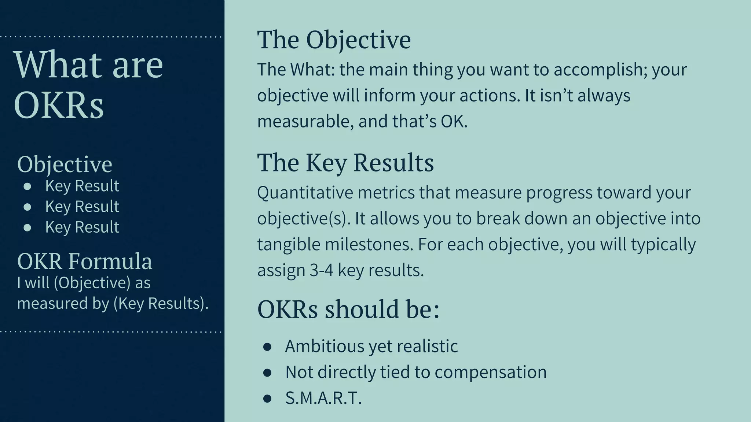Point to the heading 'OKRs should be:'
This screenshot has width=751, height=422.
348,309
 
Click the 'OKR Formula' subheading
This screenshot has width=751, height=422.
84,261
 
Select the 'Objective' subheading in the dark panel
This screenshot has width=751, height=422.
65,164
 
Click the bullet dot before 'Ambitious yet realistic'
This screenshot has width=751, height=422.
267,347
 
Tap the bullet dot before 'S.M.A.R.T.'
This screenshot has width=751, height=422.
267,399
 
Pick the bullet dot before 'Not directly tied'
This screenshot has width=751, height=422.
267,373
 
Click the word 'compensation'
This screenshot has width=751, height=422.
490,372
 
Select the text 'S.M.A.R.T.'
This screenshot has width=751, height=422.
323,398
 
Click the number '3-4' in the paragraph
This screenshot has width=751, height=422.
322,271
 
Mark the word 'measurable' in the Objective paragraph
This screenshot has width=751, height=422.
305,122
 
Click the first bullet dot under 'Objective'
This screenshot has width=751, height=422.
27,186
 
